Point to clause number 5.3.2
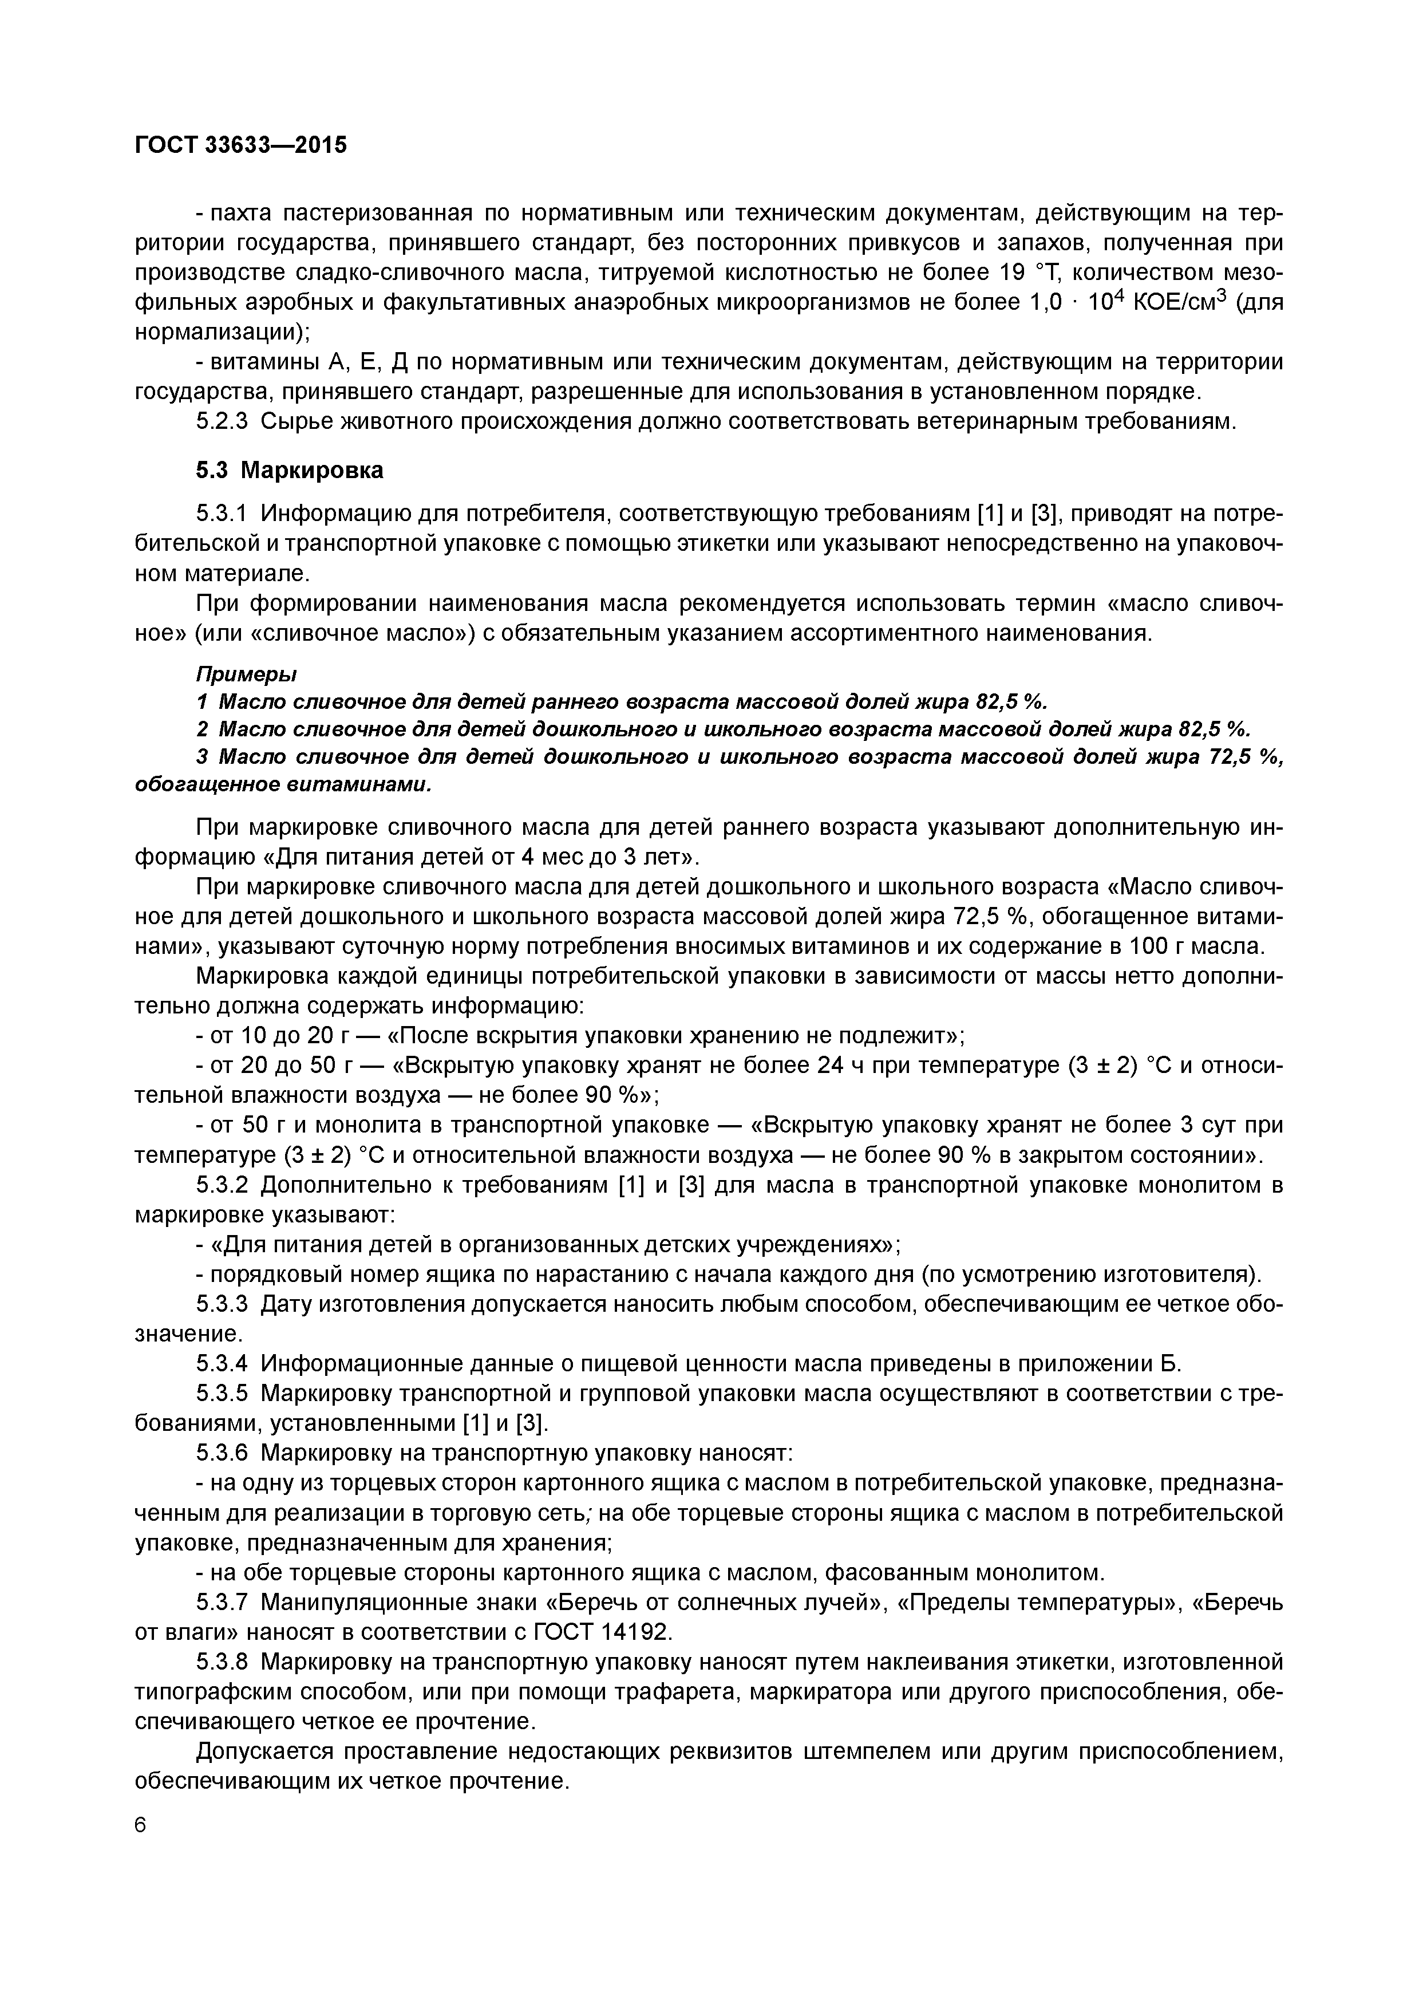pyautogui.click(x=222, y=1185)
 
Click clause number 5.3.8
pyautogui.click(x=222, y=1662)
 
